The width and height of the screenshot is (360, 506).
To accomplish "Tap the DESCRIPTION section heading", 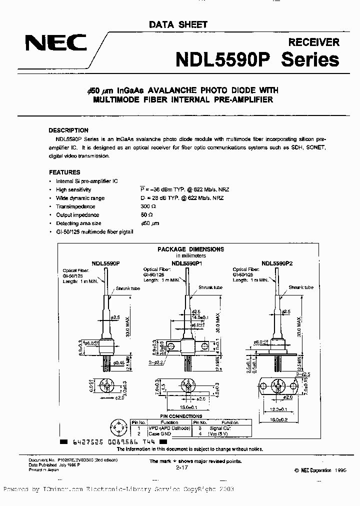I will click(x=69, y=130).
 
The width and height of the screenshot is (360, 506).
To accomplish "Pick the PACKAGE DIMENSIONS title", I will click(x=190, y=249).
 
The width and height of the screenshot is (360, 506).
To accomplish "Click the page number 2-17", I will click(x=182, y=467).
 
